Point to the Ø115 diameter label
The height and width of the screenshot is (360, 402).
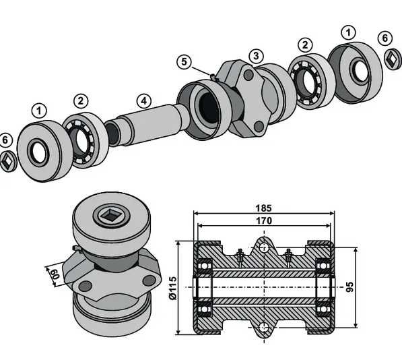coord(172,287)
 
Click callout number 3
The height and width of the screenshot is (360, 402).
coord(255,55)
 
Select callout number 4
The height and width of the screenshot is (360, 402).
coord(143,101)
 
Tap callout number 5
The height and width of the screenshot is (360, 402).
coord(185,61)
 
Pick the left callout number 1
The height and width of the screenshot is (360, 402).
coord(39,109)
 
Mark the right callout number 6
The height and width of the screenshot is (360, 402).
coord(386,38)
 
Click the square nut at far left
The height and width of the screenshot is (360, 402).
coord(7,160)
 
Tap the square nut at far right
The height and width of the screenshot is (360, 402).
coord(392,59)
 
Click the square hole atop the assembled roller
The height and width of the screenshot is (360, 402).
coord(108,216)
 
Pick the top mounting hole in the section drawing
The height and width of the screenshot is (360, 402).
coord(263,248)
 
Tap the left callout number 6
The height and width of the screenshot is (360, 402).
coord(6,140)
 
